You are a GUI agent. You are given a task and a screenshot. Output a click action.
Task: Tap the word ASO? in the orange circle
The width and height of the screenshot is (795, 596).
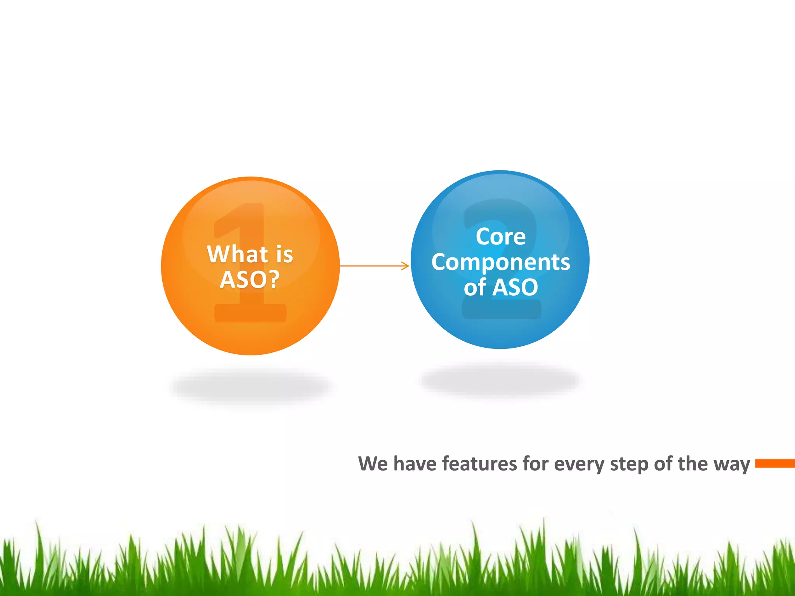pos(250,279)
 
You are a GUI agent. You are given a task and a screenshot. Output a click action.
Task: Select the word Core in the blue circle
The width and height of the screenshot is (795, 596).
pos(500,237)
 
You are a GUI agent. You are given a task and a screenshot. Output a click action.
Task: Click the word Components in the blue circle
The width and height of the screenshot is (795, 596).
pos(500,263)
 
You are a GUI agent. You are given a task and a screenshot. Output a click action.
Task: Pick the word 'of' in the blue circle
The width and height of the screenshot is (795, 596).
pos(474,288)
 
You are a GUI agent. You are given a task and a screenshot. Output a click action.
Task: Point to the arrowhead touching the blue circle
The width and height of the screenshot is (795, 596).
pos(406,266)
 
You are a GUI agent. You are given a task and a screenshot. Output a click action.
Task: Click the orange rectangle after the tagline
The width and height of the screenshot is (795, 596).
pos(774,463)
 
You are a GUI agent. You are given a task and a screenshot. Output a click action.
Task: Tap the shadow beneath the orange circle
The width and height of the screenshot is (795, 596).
pos(250,386)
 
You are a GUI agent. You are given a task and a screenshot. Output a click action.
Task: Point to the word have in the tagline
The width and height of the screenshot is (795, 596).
pos(415,464)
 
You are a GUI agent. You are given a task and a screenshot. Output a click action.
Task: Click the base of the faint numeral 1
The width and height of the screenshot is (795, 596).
pos(250,314)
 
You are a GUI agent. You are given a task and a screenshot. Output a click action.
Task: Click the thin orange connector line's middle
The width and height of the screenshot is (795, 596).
pos(373,266)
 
